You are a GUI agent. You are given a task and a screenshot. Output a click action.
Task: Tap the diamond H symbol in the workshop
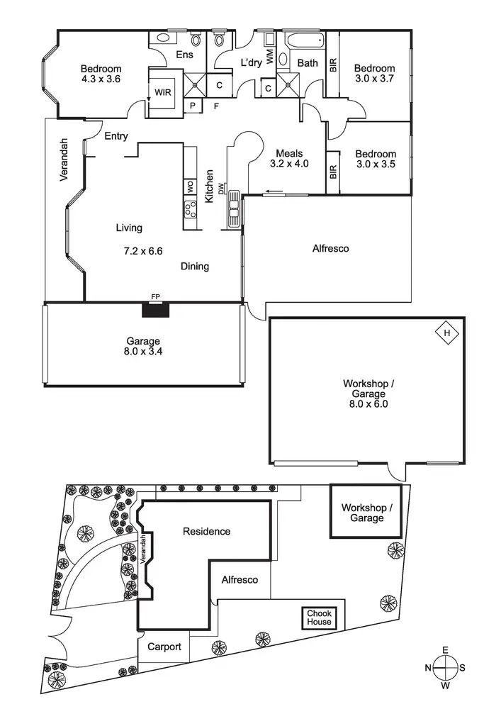(x=446, y=333)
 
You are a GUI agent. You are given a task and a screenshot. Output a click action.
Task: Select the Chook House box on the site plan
(x=318, y=618)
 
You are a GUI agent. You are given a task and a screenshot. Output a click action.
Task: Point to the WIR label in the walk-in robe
(x=163, y=91)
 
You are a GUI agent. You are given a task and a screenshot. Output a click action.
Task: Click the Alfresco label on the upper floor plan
(x=331, y=249)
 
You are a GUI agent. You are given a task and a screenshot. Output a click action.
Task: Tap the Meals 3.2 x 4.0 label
(x=289, y=158)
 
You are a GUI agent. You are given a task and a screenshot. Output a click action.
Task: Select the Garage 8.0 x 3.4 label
(x=143, y=345)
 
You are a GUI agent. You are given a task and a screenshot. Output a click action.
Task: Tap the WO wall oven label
(x=190, y=187)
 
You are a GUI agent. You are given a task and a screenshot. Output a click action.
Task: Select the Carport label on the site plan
(x=164, y=647)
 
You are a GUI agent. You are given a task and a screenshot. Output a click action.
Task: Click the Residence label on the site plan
(x=206, y=531)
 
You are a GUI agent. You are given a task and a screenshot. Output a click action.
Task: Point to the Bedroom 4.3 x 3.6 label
(x=101, y=74)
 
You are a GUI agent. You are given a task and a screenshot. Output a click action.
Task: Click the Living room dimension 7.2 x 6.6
(x=143, y=251)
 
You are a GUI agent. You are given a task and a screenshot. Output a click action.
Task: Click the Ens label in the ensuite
(x=185, y=54)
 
